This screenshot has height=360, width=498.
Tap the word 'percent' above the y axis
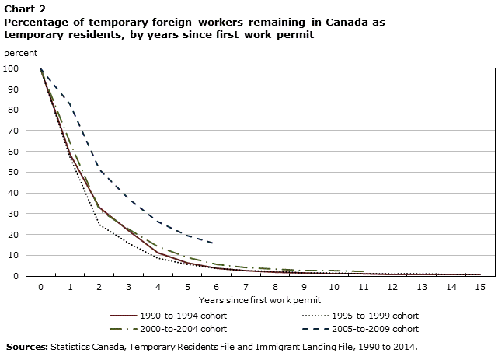tap(20, 52)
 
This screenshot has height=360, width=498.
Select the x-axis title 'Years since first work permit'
tap(259, 299)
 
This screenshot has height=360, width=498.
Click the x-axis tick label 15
tap(479, 287)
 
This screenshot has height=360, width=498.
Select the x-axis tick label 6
tap(216, 287)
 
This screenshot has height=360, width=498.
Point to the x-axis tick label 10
tap(333, 287)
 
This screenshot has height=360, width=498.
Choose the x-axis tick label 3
tap(128, 287)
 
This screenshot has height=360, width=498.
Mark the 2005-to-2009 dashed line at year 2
tap(99, 168)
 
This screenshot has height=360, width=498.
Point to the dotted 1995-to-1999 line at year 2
tap(99, 224)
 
